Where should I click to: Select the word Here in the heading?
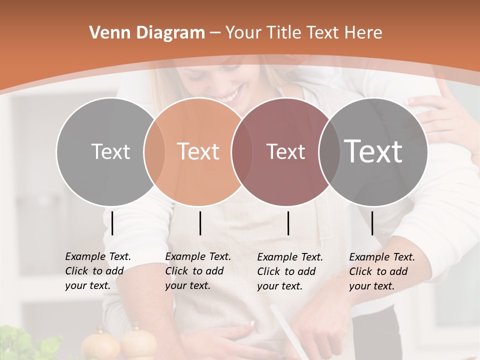click(363, 33)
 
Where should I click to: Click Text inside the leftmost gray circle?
click(110, 151)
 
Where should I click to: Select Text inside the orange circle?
click(198, 151)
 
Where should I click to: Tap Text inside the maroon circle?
click(286, 151)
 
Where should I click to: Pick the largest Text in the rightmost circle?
click(373, 151)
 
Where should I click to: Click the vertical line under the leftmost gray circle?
click(112, 223)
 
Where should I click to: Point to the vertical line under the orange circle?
click(200, 223)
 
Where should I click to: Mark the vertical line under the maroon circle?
click(288, 223)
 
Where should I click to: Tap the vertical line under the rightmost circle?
click(372, 223)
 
